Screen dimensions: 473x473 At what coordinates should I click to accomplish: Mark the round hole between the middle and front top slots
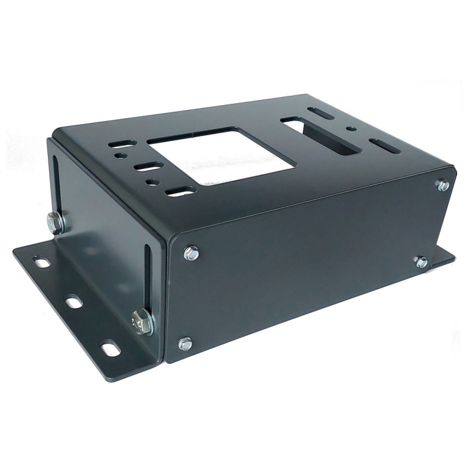(153, 180)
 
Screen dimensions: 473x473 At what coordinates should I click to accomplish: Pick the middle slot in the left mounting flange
(73, 302)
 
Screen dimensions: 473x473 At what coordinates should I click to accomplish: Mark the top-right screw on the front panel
(442, 185)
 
